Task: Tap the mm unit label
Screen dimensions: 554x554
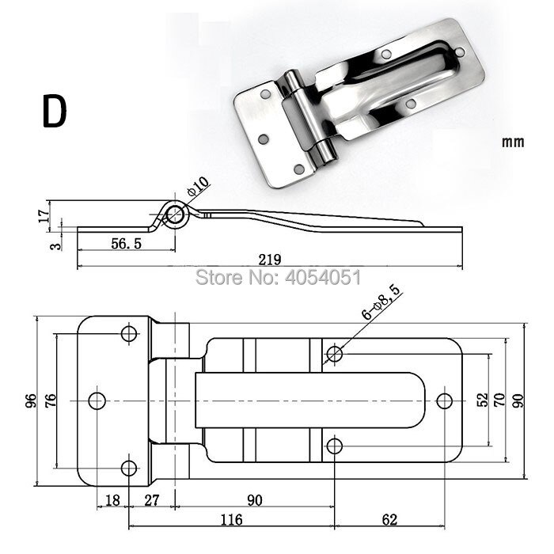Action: [x=514, y=143]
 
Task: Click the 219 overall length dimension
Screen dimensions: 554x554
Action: [x=270, y=259]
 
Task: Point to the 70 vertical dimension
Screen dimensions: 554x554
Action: [x=499, y=400]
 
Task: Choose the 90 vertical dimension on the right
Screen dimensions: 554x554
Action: [x=519, y=400]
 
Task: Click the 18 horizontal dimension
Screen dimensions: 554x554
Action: [x=112, y=500]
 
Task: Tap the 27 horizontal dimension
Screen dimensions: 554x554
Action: [x=153, y=500]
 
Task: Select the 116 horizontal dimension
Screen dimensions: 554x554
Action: [x=230, y=520]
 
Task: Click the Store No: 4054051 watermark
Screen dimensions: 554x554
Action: [x=278, y=278]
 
